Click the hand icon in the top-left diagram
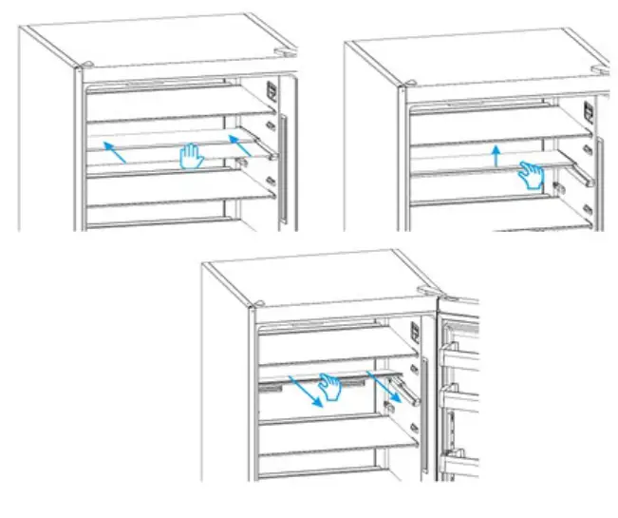(192, 156)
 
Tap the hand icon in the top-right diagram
(531, 174)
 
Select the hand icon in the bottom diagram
(329, 385)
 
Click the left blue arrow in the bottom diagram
(307, 389)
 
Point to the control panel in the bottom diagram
(416, 333)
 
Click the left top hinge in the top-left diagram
(85, 67)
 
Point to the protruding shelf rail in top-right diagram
(580, 175)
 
